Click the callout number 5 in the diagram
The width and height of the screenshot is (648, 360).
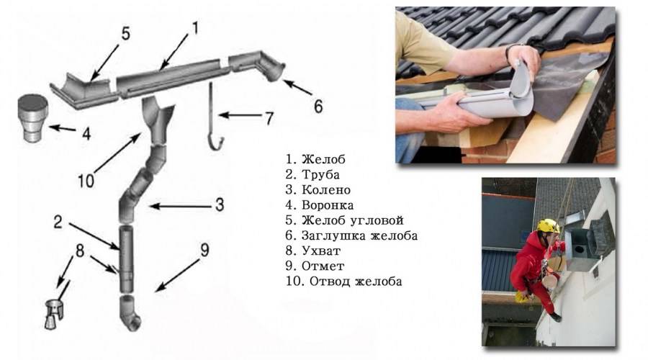pos(125,33)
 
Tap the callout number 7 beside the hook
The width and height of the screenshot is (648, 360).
pos(269,119)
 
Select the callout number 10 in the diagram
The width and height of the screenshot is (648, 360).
pos(86,181)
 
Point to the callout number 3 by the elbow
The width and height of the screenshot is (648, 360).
pos(220,204)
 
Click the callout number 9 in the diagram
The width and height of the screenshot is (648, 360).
pos(204,250)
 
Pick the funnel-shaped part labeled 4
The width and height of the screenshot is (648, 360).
pos(33,118)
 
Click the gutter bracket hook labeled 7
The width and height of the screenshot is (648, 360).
pos(215,116)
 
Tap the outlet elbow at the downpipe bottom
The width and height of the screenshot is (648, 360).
pos(130,312)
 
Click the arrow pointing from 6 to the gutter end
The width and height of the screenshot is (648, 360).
pos(297,87)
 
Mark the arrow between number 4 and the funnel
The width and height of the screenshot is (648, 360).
pos(63,129)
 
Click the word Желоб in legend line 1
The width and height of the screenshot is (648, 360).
pos(323,159)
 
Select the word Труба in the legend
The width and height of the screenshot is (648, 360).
pos(320,174)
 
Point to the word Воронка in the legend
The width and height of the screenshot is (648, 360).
pos(328,205)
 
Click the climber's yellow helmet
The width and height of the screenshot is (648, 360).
pos(548,226)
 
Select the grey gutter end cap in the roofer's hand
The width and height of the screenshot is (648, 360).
pos(521,81)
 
